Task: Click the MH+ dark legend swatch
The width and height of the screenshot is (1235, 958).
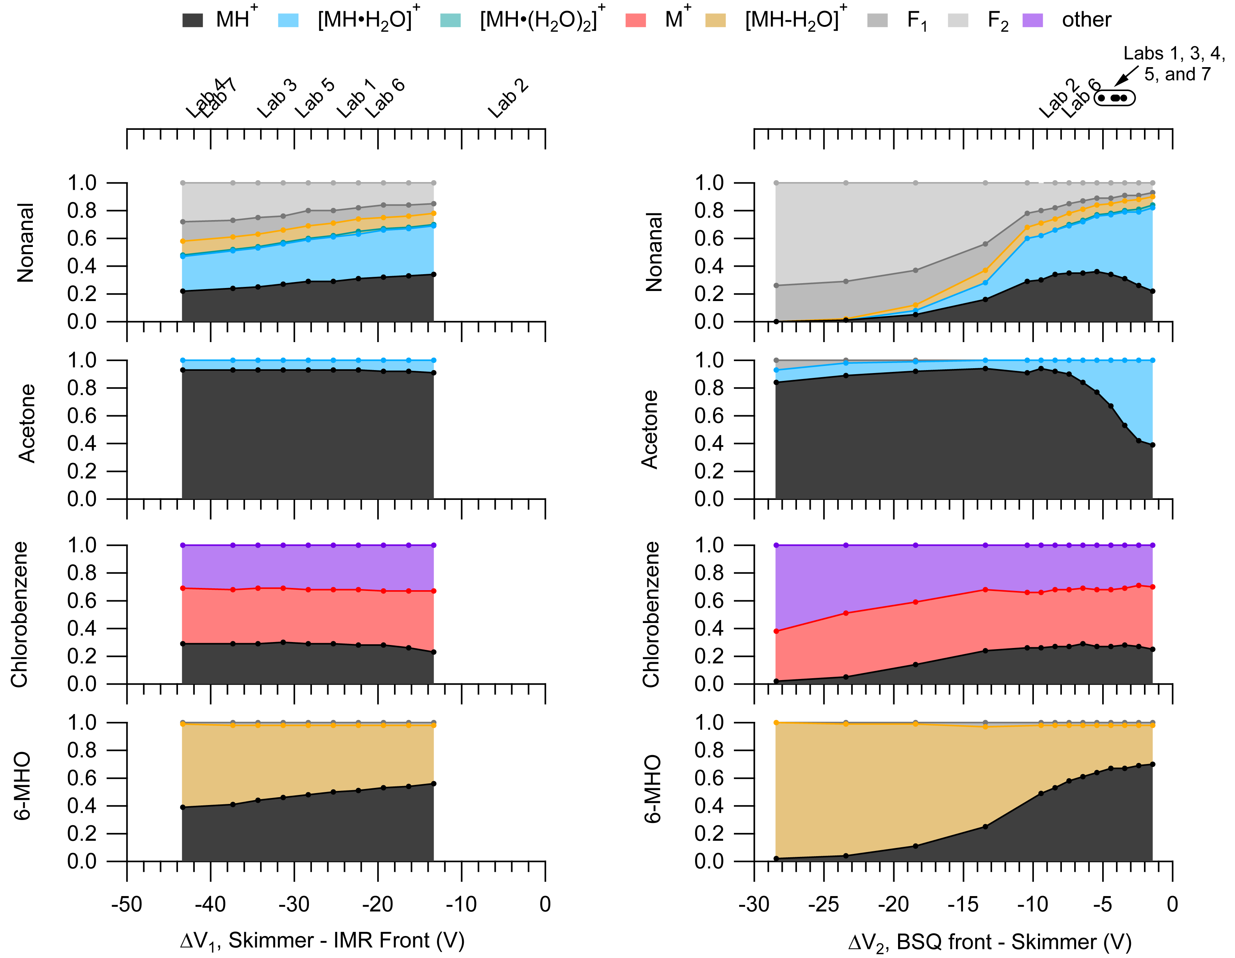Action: [x=192, y=21]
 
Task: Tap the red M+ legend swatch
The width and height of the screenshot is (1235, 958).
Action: [x=635, y=21]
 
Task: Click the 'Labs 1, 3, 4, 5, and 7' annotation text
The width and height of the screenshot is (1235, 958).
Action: [x=1174, y=63]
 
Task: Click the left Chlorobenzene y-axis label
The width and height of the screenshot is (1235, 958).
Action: [x=20, y=615]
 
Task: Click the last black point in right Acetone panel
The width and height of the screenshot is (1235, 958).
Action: [x=1153, y=445]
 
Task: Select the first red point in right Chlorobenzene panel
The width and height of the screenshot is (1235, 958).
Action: [x=776, y=631]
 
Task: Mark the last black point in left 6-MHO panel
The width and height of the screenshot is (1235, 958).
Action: [x=434, y=784]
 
